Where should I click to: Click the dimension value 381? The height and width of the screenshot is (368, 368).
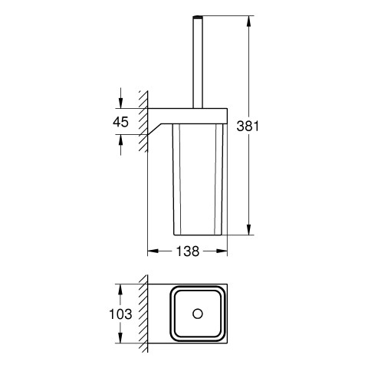[248, 126]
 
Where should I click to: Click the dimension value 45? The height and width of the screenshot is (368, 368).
[120, 122]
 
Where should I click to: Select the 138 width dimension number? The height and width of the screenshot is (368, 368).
[188, 251]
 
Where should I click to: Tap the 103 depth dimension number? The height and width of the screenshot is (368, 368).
[120, 314]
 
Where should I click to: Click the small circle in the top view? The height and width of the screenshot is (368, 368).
[198, 314]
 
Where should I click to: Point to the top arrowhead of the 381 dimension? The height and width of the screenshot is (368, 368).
[248, 21]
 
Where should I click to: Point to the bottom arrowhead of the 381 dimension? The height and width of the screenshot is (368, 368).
[248, 229]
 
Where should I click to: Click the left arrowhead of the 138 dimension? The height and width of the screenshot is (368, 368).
[153, 251]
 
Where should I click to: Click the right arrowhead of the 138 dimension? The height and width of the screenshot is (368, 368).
[222, 251]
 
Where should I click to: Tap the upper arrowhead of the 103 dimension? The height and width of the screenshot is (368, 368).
[120, 289]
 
